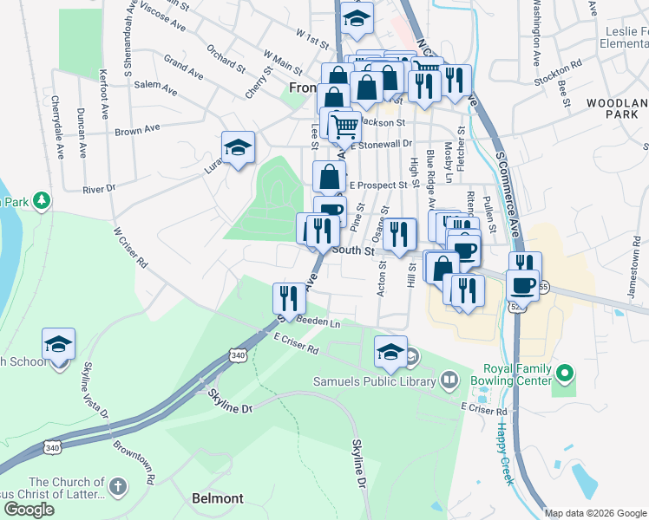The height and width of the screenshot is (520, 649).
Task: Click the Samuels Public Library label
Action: (x=379, y=379)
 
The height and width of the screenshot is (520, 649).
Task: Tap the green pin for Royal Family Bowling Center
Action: (x=566, y=374)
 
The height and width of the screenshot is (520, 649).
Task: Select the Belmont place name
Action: (x=217, y=498)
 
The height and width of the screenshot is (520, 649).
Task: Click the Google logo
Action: (x=29, y=510)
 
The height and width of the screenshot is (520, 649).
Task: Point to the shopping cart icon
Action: (x=345, y=127)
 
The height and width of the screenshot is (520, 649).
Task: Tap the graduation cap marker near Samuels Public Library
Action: (x=390, y=352)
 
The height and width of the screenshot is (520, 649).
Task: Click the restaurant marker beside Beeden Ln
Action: (x=287, y=299)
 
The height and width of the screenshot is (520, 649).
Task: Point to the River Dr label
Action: (x=99, y=189)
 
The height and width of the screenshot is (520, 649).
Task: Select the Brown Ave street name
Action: (x=138, y=130)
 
